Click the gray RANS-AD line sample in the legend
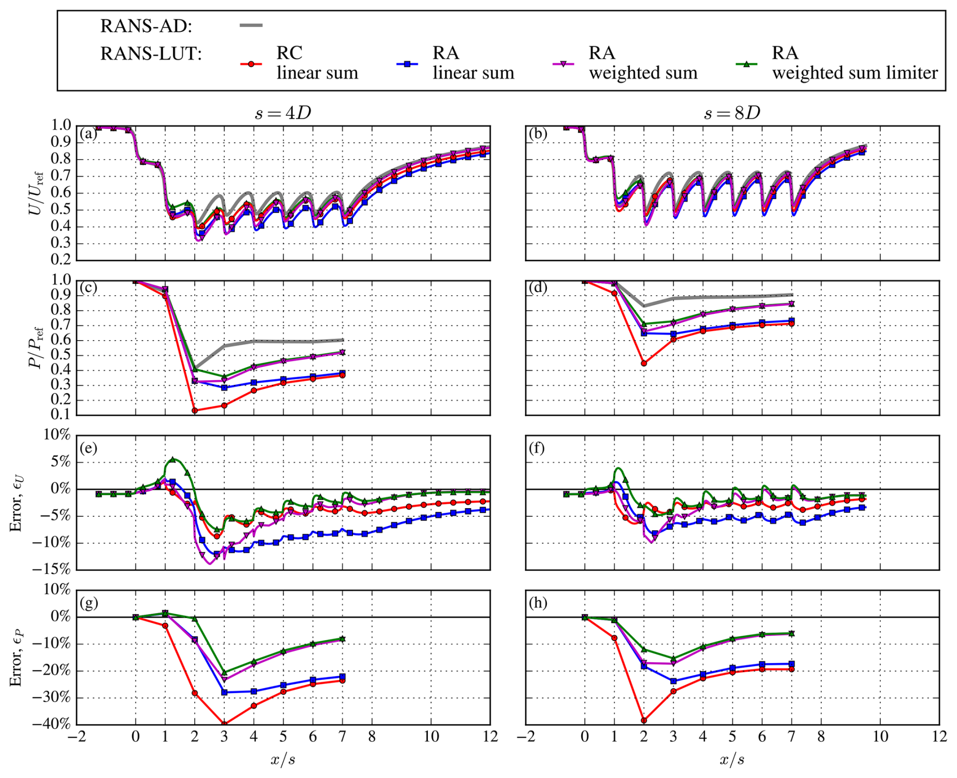(251, 25)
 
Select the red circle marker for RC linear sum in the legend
(251, 64)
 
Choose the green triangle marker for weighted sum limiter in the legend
(746, 64)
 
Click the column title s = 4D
(283, 113)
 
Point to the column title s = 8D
(732, 113)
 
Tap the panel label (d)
(538, 288)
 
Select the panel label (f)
(538, 448)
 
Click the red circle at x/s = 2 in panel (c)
(195, 411)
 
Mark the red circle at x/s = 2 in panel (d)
(644, 363)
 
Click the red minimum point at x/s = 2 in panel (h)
(644, 720)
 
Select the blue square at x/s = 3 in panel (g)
(225, 692)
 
